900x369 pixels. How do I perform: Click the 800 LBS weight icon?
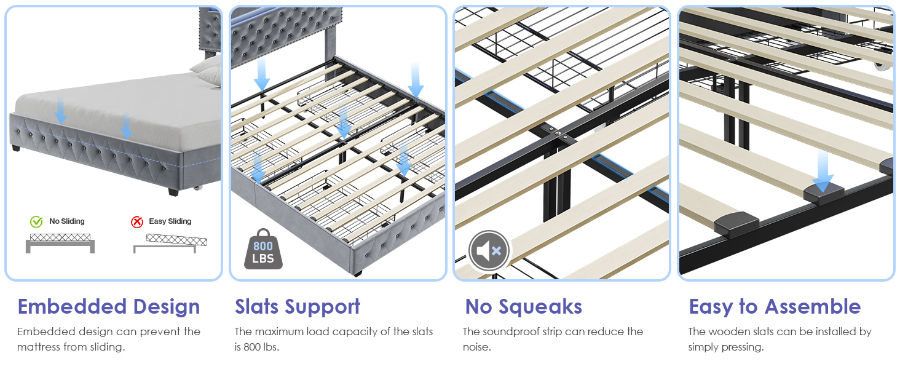point(263,249)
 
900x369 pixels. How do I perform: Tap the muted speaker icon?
point(489,251)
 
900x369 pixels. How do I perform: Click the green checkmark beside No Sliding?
point(36,221)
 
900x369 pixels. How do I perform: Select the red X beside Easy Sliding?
point(137,221)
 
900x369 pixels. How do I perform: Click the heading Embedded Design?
point(109,307)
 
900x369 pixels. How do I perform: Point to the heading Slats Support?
point(298,307)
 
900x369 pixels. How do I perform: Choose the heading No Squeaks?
point(524,307)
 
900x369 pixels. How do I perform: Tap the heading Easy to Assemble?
point(775,307)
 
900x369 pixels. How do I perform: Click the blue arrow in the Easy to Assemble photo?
point(823,172)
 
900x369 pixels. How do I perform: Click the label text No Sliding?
point(66,221)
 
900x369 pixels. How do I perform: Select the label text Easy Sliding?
point(170,221)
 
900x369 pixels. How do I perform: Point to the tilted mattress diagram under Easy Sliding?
point(170,243)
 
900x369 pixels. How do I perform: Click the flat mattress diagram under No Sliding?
point(60,243)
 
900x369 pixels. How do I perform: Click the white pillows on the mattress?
point(208,71)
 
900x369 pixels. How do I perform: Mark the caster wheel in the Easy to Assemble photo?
point(883,66)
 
